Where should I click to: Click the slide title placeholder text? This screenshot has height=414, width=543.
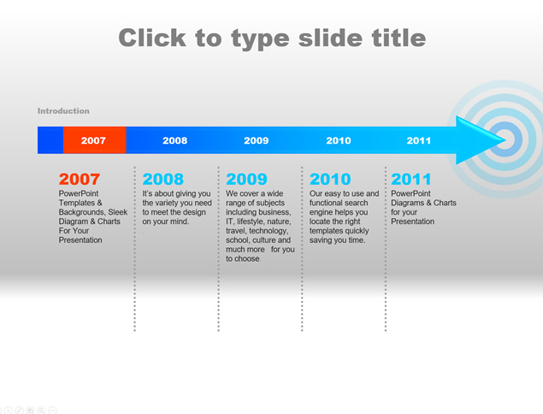click(x=272, y=38)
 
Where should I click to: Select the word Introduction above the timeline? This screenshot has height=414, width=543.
click(x=63, y=111)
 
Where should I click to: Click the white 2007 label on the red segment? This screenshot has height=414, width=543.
click(x=93, y=140)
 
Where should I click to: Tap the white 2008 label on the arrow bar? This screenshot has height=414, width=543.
click(x=175, y=140)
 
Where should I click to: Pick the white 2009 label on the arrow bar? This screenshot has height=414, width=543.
click(x=257, y=140)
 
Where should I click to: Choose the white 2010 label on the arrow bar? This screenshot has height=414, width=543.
click(x=339, y=140)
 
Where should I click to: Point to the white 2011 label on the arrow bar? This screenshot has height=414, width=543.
click(x=419, y=140)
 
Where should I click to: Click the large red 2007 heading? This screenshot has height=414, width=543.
click(x=80, y=179)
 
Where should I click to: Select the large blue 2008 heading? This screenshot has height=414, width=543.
click(x=163, y=179)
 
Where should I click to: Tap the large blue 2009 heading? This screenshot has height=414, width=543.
click(x=246, y=179)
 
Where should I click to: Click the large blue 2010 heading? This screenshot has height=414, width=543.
click(x=330, y=179)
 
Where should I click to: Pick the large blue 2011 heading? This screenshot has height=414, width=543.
click(x=411, y=179)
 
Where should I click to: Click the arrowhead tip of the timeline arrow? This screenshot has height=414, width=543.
click(x=506, y=140)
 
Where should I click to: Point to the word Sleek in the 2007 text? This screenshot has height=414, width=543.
click(x=118, y=212)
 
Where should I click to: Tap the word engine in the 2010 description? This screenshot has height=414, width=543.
click(x=321, y=212)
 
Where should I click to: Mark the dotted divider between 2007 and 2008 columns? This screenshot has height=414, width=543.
click(x=135, y=249)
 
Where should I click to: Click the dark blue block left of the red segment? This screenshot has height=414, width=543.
click(x=50, y=140)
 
